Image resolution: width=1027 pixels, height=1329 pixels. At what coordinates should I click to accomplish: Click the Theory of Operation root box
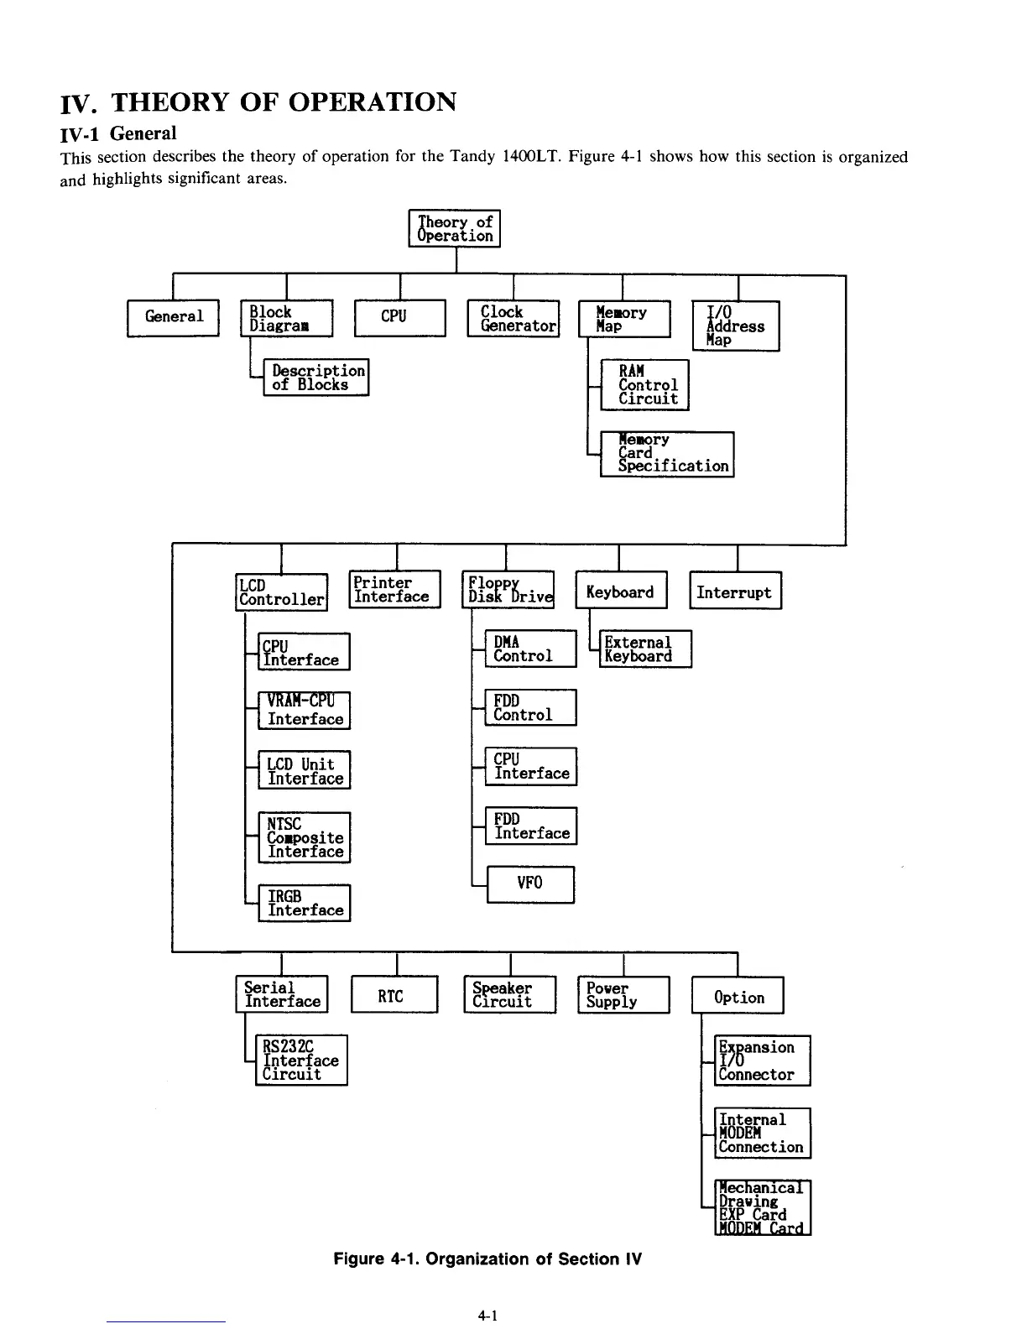click(x=455, y=228)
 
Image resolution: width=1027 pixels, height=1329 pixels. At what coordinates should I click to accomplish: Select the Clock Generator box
click(x=513, y=318)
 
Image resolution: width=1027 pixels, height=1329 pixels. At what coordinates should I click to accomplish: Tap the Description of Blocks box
click(x=316, y=378)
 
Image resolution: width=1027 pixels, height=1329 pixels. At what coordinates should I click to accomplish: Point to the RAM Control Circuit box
click(x=644, y=385)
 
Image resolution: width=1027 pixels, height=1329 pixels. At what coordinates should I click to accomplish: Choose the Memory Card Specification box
click(x=667, y=454)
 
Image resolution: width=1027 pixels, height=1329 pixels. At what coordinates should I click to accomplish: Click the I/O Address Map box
click(x=736, y=326)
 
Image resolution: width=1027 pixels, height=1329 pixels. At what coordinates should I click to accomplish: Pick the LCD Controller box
click(x=281, y=592)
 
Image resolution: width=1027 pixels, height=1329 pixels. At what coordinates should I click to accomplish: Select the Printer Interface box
click(x=394, y=589)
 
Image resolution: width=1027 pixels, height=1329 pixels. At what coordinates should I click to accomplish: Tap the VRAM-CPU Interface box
click(x=304, y=711)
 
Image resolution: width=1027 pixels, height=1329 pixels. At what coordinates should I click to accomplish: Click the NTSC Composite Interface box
click(x=304, y=837)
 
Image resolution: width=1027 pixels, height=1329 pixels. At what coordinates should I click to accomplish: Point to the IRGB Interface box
click(x=304, y=903)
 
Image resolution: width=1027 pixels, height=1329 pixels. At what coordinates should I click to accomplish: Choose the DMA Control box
click(x=530, y=649)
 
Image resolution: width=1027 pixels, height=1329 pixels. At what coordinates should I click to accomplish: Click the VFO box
click(x=530, y=883)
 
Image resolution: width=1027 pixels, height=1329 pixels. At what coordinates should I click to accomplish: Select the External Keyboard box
click(x=645, y=649)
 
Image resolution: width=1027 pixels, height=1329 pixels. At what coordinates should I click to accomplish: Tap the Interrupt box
click(x=735, y=592)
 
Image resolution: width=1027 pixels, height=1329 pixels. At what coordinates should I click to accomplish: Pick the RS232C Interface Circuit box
click(x=301, y=1060)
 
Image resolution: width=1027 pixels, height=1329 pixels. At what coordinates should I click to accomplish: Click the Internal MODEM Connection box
click(x=762, y=1133)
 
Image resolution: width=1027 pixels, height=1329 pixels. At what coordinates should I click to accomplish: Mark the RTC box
click(x=394, y=995)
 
